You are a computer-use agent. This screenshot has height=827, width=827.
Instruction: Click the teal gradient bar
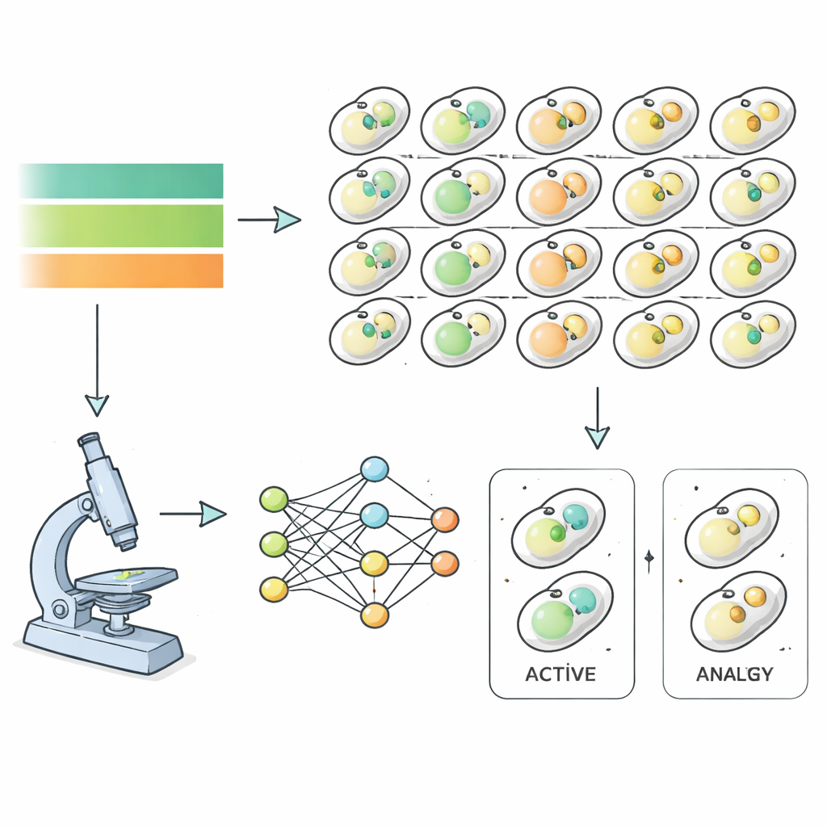tap(121, 181)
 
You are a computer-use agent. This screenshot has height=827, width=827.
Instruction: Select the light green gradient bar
tap(121, 225)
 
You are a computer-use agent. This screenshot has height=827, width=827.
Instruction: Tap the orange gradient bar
tap(121, 271)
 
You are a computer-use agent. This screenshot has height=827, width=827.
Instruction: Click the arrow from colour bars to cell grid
tap(270, 219)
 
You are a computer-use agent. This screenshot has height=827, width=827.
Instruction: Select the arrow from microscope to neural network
tap(194, 513)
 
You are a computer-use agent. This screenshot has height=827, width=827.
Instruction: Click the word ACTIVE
tap(560, 674)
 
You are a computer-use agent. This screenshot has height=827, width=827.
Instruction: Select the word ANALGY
tap(734, 674)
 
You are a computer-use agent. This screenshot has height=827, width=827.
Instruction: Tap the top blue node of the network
tap(374, 469)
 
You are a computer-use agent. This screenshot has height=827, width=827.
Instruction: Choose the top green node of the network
tap(274, 500)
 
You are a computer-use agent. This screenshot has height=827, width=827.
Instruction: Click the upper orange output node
tap(444, 519)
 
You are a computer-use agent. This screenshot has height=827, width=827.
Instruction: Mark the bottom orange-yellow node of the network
tap(375, 615)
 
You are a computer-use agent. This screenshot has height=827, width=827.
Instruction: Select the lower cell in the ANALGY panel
tap(737, 611)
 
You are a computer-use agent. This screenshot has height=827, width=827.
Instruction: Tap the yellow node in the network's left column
tap(274, 590)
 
